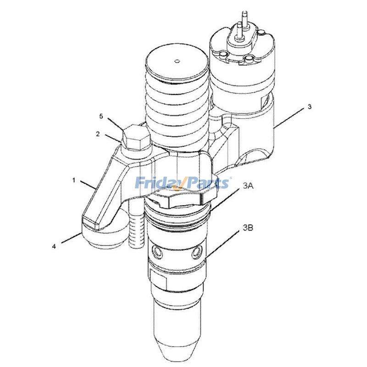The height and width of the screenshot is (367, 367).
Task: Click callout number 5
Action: pyautogui.click(x=101, y=117)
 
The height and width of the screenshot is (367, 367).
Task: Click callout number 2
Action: pyautogui.click(x=98, y=134)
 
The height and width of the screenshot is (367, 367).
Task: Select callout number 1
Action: pyautogui.click(x=74, y=180)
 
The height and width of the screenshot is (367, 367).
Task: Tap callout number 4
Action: pyautogui.click(x=54, y=246)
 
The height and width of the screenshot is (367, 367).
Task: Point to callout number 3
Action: pyautogui.click(x=310, y=107)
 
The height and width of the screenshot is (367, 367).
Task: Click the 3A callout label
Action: pyautogui.click(x=248, y=185)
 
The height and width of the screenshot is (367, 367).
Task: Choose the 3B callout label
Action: pyautogui.click(x=248, y=227)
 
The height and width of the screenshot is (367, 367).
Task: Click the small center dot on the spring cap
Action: pyautogui.click(x=177, y=60)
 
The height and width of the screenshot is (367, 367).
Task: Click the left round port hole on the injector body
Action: pyautogui.click(x=159, y=253)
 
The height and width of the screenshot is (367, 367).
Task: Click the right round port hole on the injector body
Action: pyautogui.click(x=197, y=251)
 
